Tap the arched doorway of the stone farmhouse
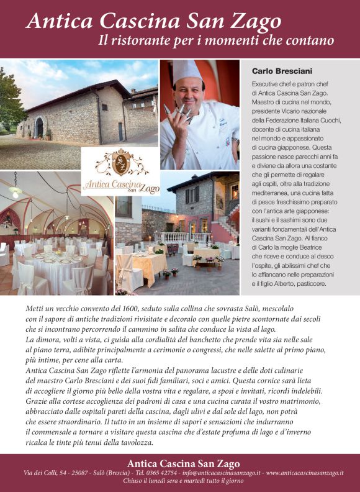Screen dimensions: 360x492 click(39, 128)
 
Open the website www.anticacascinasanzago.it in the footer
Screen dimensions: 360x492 click(304, 473)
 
